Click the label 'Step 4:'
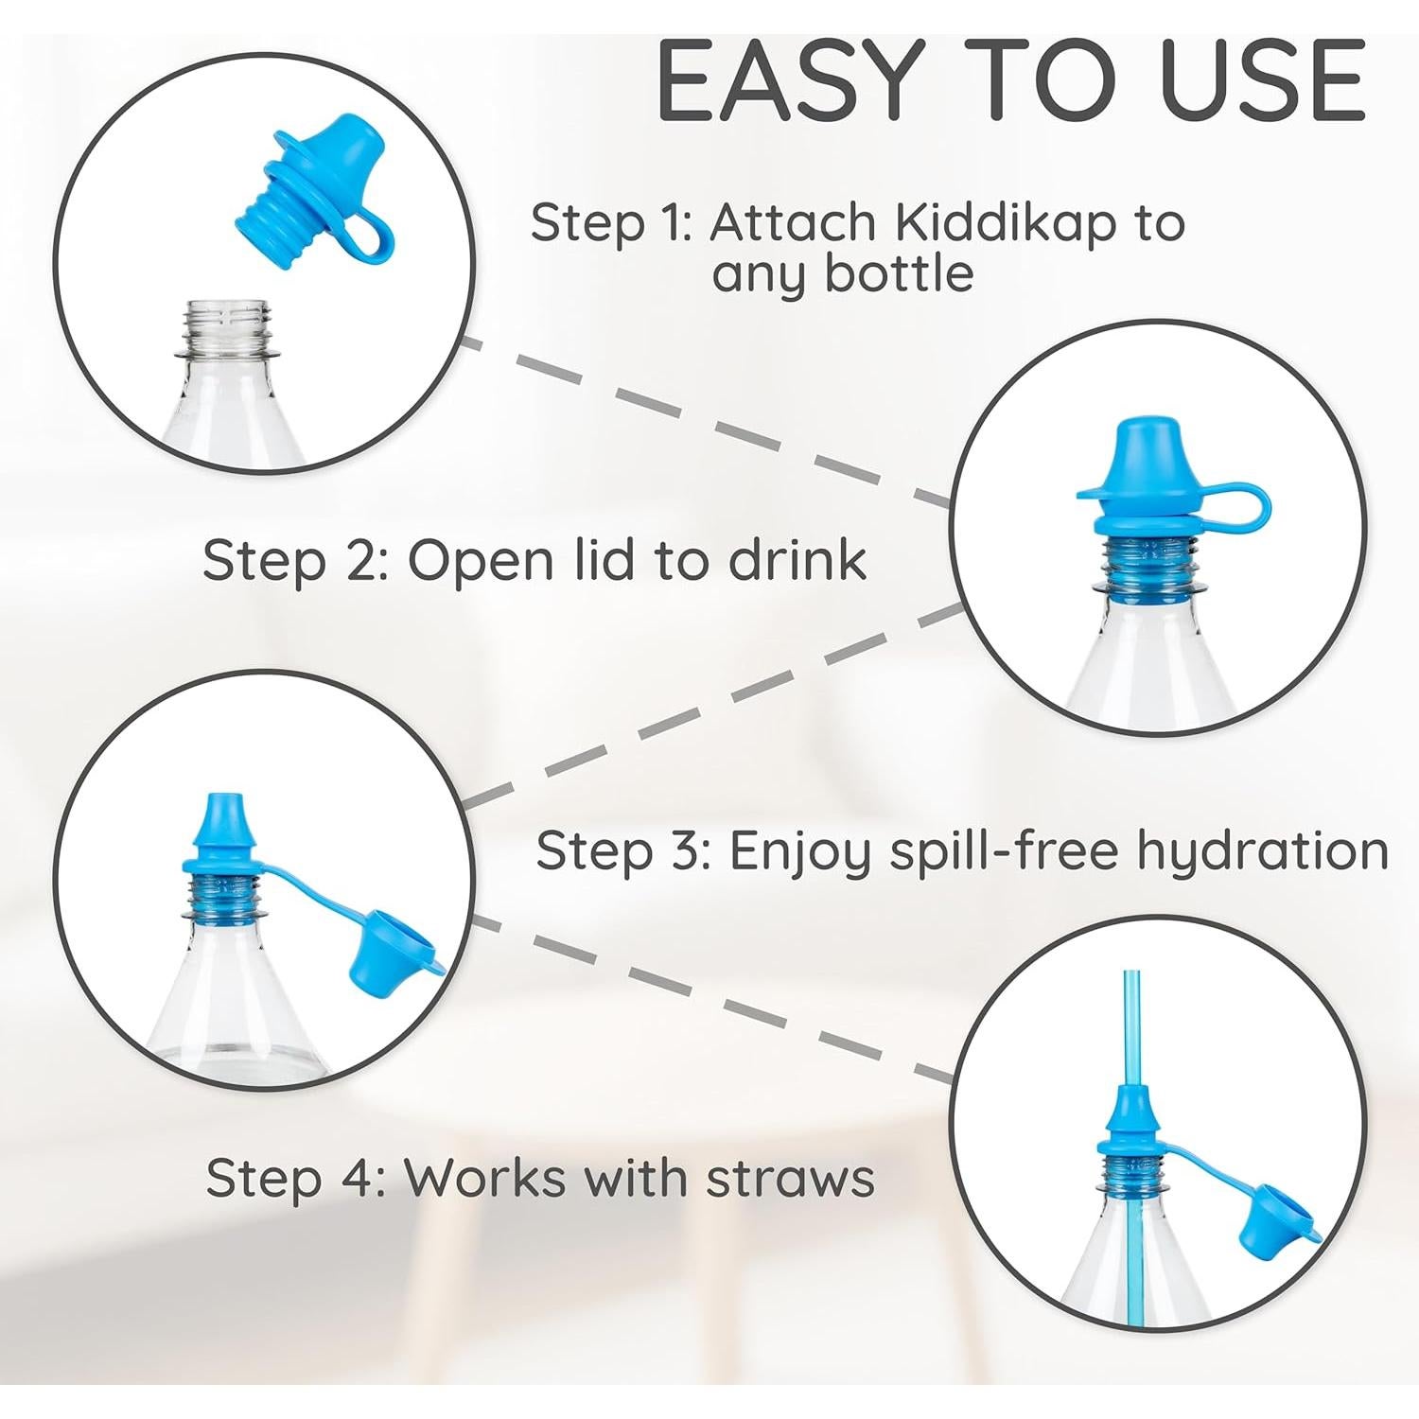coord(295,1179)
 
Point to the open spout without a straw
coord(219,818)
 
